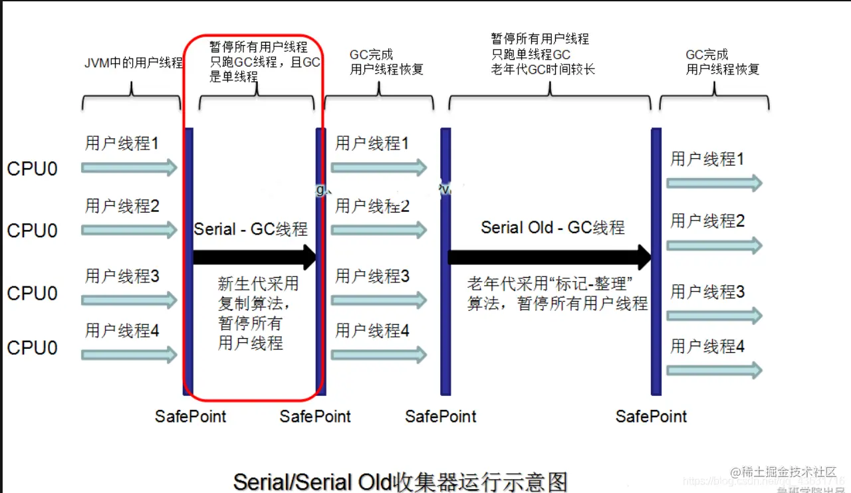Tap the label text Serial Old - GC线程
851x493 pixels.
(552, 228)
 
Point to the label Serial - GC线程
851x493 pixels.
(251, 229)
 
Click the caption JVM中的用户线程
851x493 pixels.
(133, 63)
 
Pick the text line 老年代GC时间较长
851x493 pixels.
(543, 68)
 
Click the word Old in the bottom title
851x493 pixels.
(373, 481)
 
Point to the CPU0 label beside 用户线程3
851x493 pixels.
(32, 293)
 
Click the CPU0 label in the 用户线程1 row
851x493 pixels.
(32, 169)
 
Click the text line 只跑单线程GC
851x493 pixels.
(531, 54)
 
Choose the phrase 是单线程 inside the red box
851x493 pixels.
(233, 77)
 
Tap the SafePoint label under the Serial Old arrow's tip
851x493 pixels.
(651, 417)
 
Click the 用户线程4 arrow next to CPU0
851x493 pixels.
(130, 355)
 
